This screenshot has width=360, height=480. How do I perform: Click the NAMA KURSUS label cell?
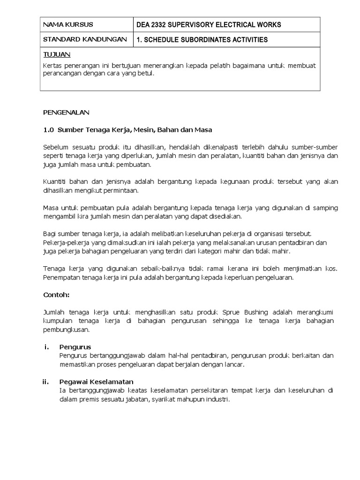pyautogui.click(x=68, y=25)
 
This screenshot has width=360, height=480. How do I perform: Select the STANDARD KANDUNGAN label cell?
pyautogui.click(x=85, y=40)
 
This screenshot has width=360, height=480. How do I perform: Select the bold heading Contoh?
pyautogui.click(x=56, y=295)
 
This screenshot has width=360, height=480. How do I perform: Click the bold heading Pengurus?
pyautogui.click(x=75, y=347)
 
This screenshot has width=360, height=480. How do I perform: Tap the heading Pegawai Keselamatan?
pyautogui.click(x=97, y=382)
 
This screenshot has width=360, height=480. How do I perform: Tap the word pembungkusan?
pyautogui.click(x=66, y=330)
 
